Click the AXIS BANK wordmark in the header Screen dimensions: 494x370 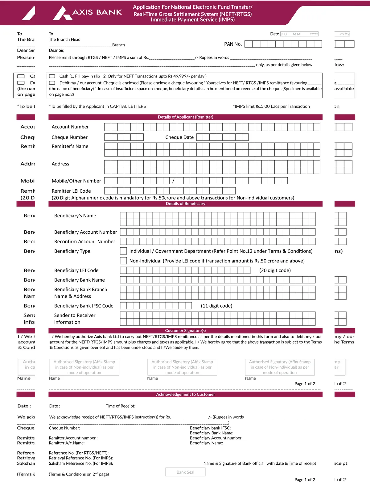pos(97,12)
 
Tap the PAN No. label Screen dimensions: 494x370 pos(233,44)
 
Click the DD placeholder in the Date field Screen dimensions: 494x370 pos(284,34)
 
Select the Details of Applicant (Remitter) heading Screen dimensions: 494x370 pos(185,117)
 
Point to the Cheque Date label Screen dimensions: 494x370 pos(179,137)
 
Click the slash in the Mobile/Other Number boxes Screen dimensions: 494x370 pos(173,181)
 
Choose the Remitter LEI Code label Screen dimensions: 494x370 pos(71,191)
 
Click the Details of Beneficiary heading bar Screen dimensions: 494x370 pos(185,204)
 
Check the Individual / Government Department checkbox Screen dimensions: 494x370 pos(123,251)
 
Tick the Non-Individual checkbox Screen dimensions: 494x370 pos(123,261)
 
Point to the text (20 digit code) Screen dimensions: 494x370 pos(275,270)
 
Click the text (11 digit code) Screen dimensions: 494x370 pos(216,306)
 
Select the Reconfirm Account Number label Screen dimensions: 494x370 pos(84,241)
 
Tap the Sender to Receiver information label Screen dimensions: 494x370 pos(75,319)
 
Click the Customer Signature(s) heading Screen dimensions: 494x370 pos(185,330)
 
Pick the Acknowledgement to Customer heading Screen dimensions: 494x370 pos(185,394)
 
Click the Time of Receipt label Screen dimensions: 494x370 pos(120,406)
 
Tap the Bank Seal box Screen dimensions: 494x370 pos(185,472)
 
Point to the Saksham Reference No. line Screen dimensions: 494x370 pos(81,463)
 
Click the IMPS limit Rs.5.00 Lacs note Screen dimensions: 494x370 pos(271,106)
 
